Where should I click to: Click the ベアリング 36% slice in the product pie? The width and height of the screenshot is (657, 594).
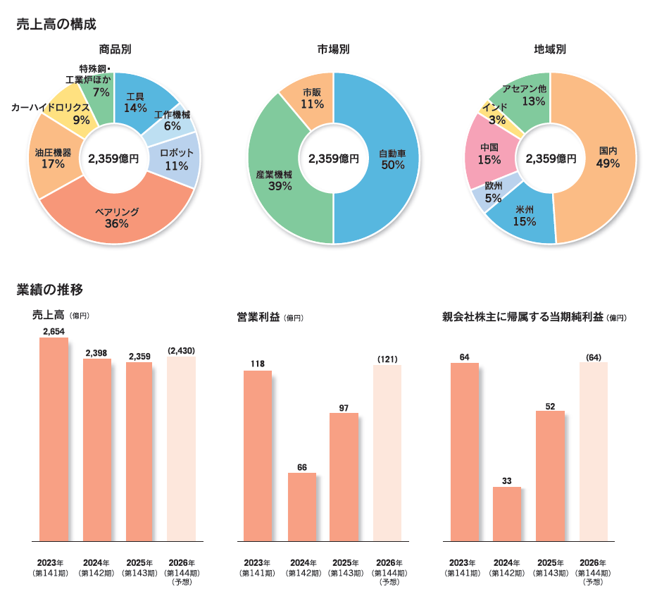coord(116,218)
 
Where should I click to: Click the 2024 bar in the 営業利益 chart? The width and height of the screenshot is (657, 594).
coord(302,507)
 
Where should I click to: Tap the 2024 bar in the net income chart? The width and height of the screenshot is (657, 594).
coord(507,514)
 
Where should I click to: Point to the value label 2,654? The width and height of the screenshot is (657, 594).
coord(54,331)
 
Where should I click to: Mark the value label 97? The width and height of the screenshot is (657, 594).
coord(344,407)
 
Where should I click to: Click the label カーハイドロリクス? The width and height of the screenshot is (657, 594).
coord(49,107)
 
